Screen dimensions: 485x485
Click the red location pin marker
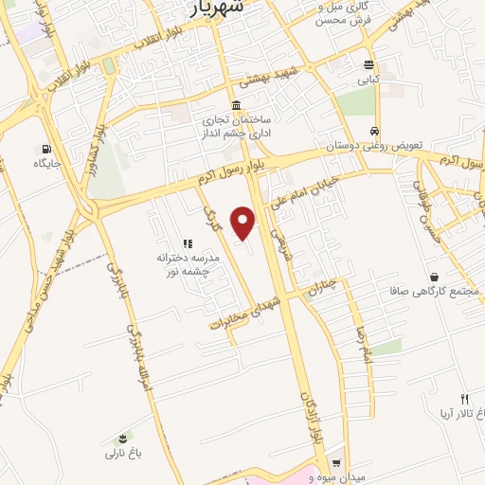pyautogui.click(x=244, y=223)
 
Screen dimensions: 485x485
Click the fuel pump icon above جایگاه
pyautogui.click(x=45, y=149)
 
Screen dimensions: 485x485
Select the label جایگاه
pyautogui.click(x=46, y=164)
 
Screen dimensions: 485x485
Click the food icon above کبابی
pyautogui.click(x=368, y=65)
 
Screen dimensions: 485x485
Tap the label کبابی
pyautogui.click(x=368, y=81)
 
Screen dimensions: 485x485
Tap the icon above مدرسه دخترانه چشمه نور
pyautogui.click(x=188, y=243)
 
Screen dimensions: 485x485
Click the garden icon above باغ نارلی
pyautogui.click(x=122, y=438)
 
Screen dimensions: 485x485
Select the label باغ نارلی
pyautogui.click(x=122, y=454)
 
